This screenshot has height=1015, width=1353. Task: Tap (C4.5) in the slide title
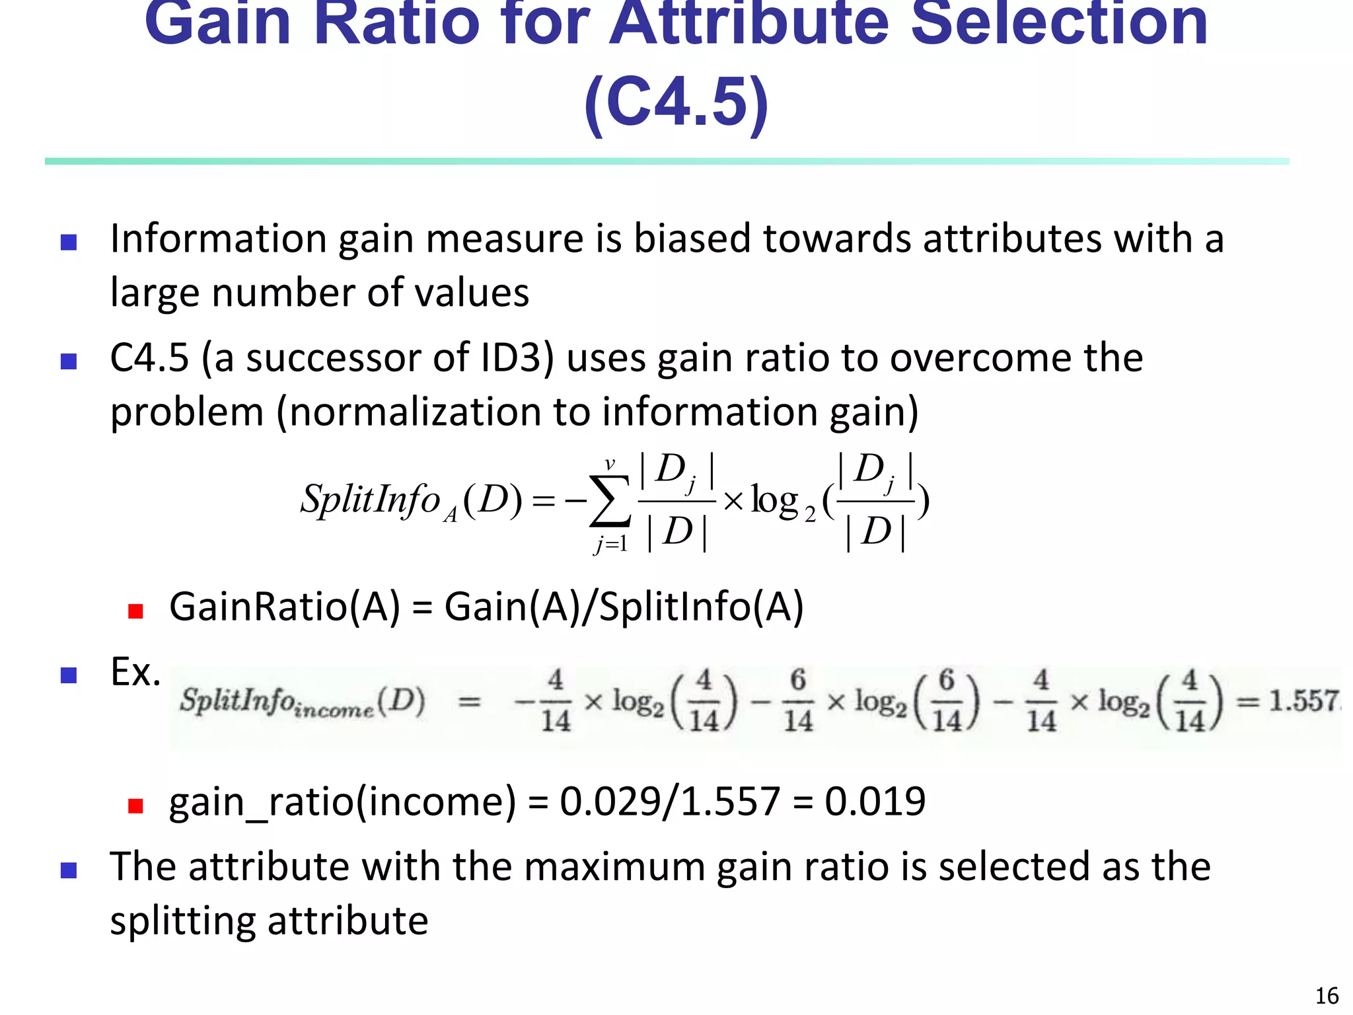click(x=676, y=102)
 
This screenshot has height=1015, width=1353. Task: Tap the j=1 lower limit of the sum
click(x=610, y=545)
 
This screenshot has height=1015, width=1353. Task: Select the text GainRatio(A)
click(x=285, y=607)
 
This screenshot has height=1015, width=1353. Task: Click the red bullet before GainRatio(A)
click(x=135, y=611)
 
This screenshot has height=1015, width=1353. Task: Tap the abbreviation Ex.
click(x=135, y=673)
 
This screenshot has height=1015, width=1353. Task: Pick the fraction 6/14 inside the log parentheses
click(x=947, y=700)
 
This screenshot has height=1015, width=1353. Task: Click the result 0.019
click(x=875, y=802)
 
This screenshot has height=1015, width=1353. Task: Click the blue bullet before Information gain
click(x=69, y=243)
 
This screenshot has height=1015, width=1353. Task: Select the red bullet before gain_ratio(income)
click(x=135, y=806)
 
